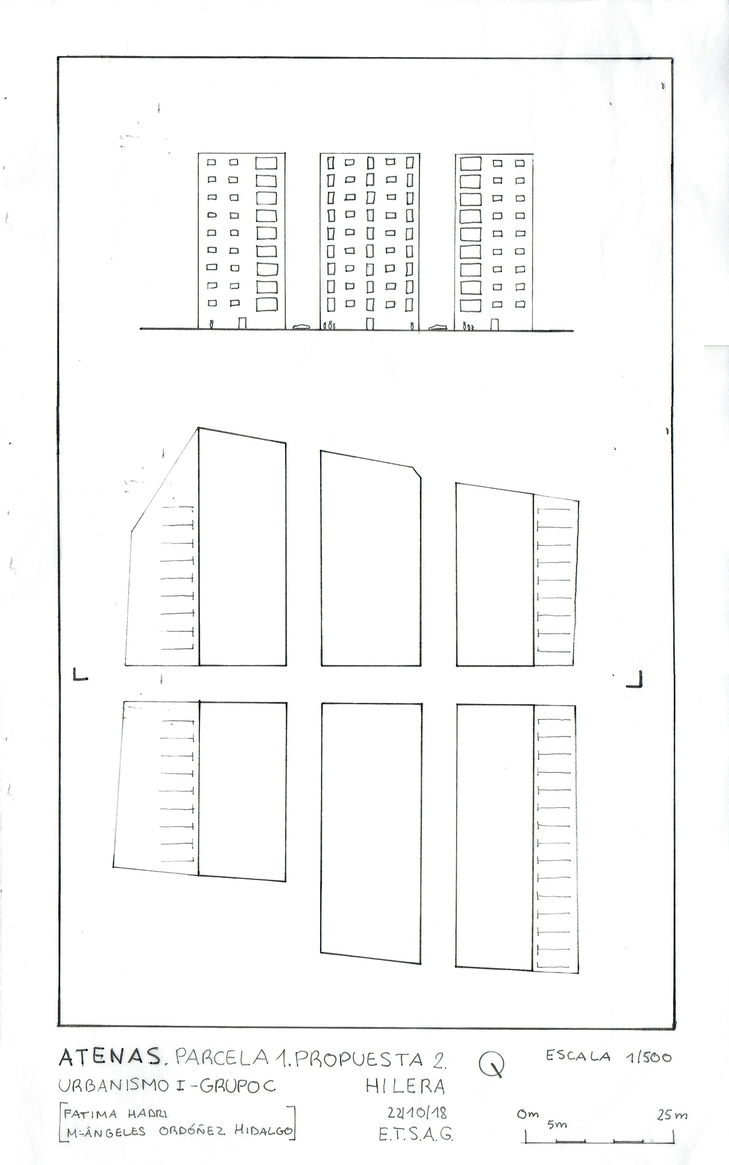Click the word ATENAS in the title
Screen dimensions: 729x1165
click(x=110, y=1057)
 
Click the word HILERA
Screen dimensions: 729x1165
click(x=406, y=1085)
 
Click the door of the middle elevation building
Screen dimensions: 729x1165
click(x=370, y=324)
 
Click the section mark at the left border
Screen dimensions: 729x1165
click(x=80, y=674)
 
